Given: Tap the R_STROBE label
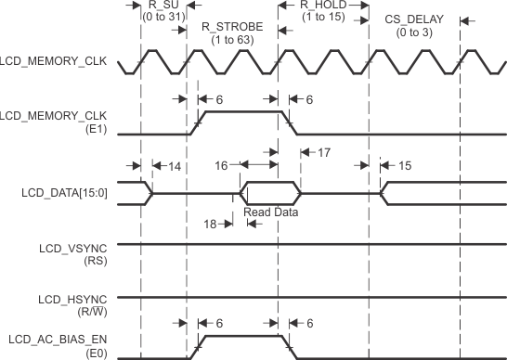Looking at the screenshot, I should coord(232,26).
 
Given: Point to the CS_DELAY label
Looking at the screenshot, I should coord(415,19).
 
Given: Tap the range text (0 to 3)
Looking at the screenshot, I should coord(415,32).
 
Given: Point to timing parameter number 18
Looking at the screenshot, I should coord(212,223).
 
